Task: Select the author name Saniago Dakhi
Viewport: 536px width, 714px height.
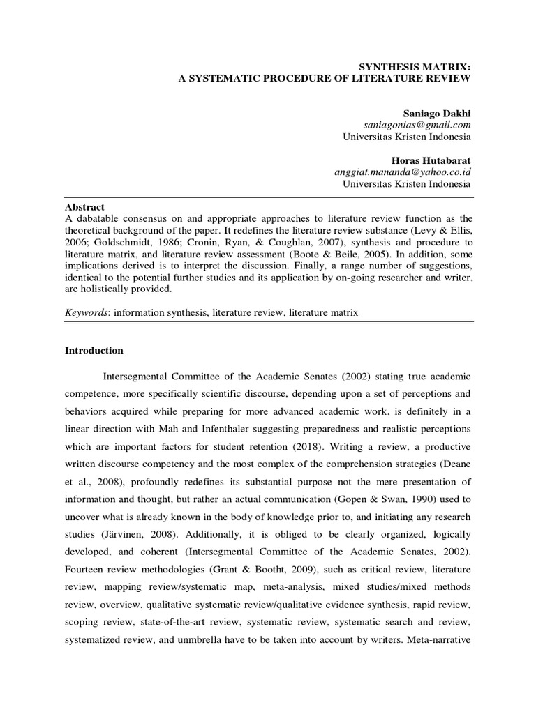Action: (x=437, y=112)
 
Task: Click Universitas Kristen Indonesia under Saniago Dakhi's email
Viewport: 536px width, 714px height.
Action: (x=406, y=136)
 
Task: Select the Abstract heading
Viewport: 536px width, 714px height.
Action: (x=84, y=207)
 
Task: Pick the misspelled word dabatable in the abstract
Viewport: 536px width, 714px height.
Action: (x=97, y=218)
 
